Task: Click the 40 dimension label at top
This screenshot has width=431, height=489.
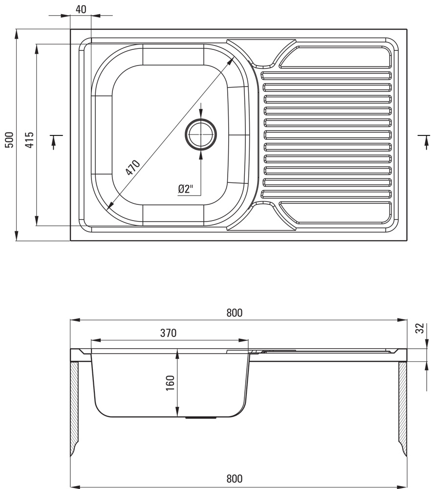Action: pos(81,9)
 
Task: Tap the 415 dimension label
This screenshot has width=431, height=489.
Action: pos(29,140)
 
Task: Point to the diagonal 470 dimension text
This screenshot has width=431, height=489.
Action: pos(132,167)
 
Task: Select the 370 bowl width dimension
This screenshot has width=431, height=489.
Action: pos(168,333)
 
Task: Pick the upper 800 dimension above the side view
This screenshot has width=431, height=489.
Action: pos(235,313)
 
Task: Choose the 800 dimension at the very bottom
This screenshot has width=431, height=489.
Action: pos(235,478)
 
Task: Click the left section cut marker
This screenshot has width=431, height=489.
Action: pos(55,140)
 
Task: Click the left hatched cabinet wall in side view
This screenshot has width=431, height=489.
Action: pos(74,406)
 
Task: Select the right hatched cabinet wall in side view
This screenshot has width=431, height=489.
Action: pos(403,406)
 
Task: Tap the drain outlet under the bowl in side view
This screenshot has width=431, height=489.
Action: pos(201,418)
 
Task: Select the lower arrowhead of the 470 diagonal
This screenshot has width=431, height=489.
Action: pos(108,207)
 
